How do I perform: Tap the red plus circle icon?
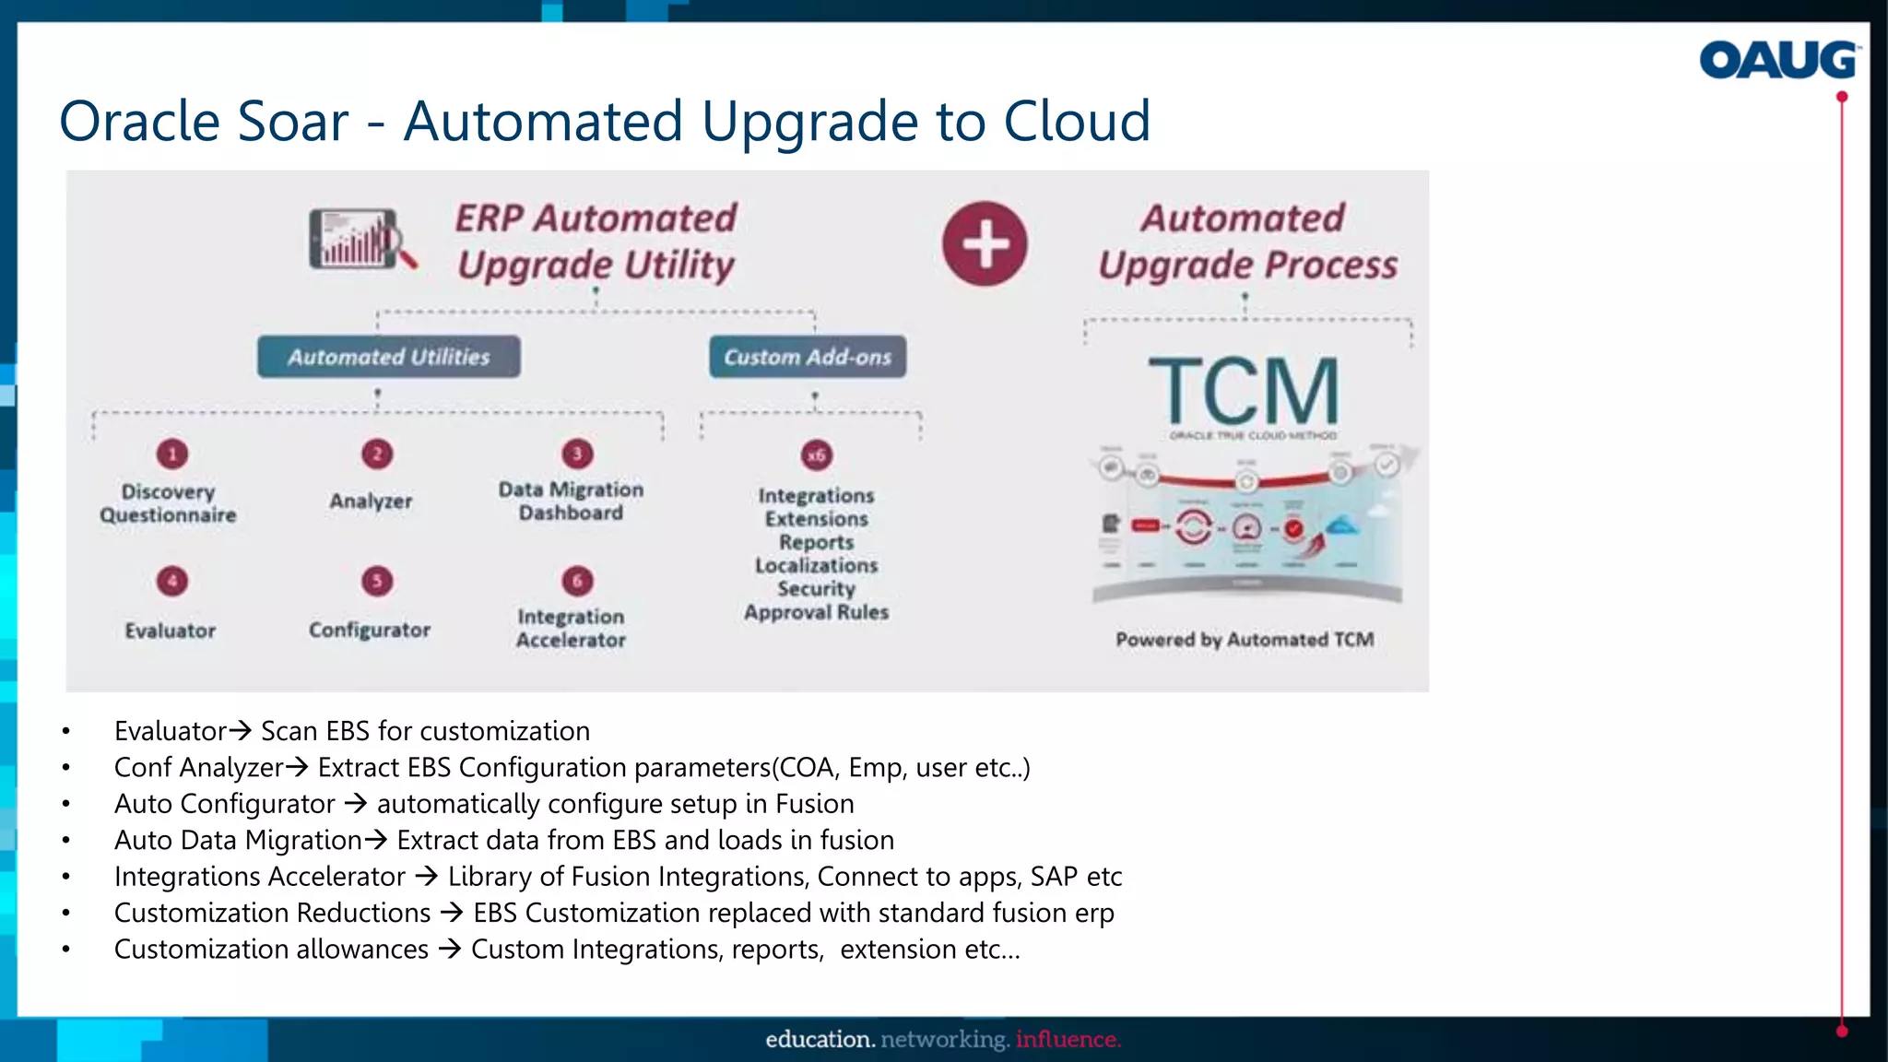tap(985, 243)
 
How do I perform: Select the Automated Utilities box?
tap(388, 357)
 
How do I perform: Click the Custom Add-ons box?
tap(808, 357)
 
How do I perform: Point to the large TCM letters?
tap(1245, 391)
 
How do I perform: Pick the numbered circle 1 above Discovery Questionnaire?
tap(172, 454)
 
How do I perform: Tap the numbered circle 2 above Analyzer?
tap(377, 454)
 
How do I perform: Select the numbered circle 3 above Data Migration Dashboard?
tap(578, 454)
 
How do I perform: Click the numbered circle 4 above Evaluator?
tap(172, 581)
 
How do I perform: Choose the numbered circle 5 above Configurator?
tap(377, 581)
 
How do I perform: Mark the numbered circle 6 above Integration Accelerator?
tap(578, 581)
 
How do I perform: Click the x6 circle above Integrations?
tap(817, 454)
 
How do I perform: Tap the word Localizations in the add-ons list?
tap(817, 565)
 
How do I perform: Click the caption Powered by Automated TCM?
tap(1245, 640)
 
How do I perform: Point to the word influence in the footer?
tap(1068, 1040)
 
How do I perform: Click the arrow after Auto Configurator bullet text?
tap(356, 804)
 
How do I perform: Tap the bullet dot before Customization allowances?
tap(66, 950)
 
